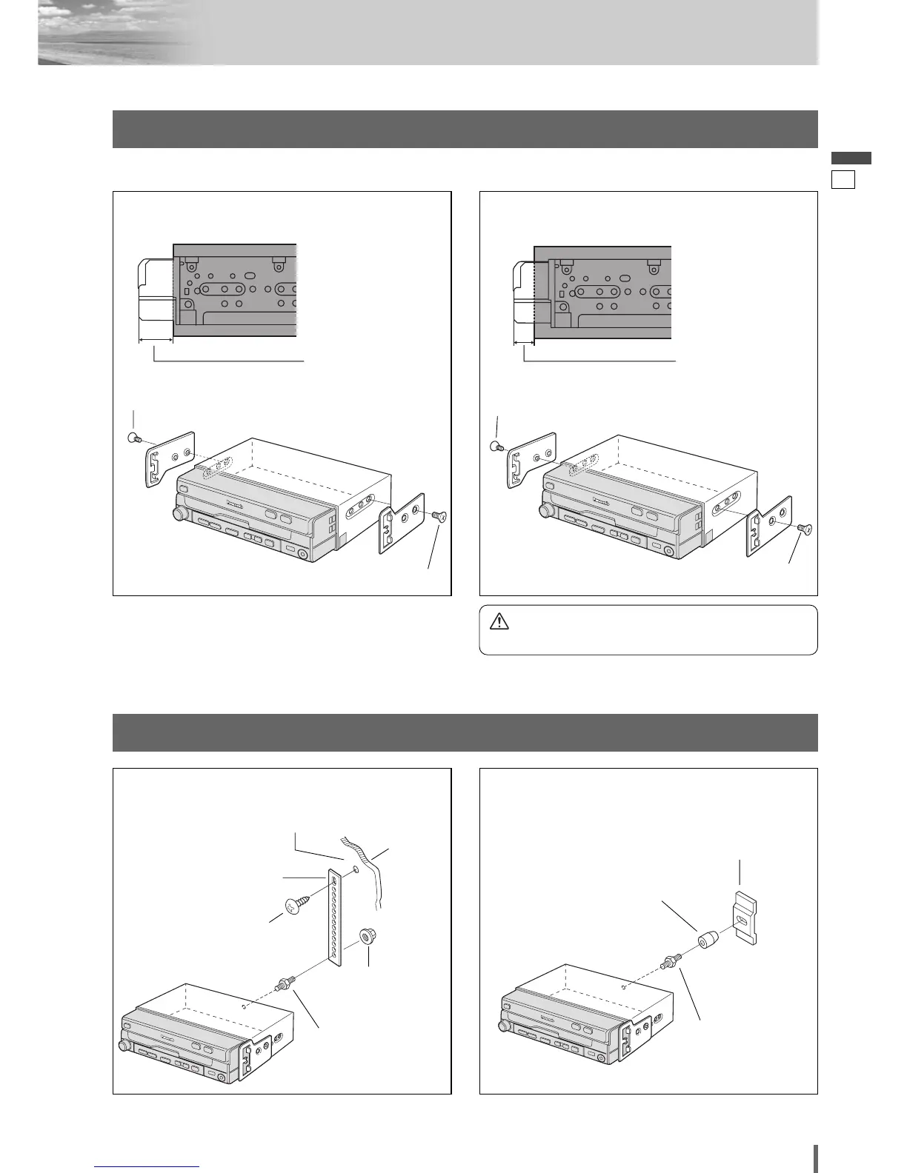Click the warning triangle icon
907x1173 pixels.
click(499, 621)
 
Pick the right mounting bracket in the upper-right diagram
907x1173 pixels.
click(768, 526)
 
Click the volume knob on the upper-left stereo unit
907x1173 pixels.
click(179, 514)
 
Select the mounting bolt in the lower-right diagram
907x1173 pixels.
click(668, 964)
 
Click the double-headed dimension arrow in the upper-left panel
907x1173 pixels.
click(156, 341)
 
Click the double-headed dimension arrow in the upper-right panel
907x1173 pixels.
click(524, 343)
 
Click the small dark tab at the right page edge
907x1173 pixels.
click(850, 158)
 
